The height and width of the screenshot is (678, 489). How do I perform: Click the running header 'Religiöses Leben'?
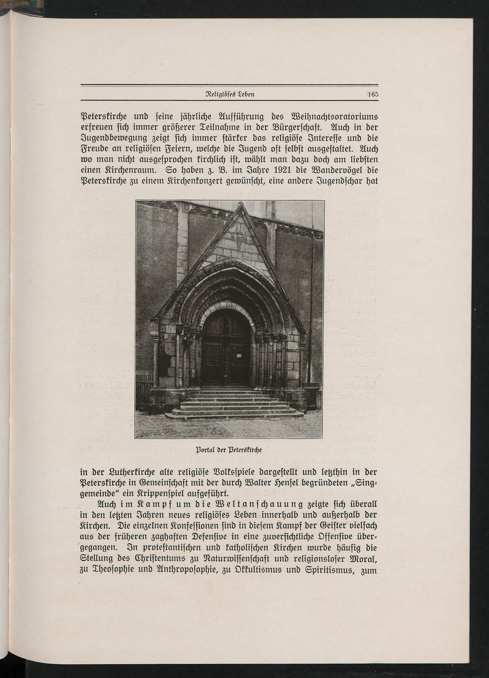point(230,95)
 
